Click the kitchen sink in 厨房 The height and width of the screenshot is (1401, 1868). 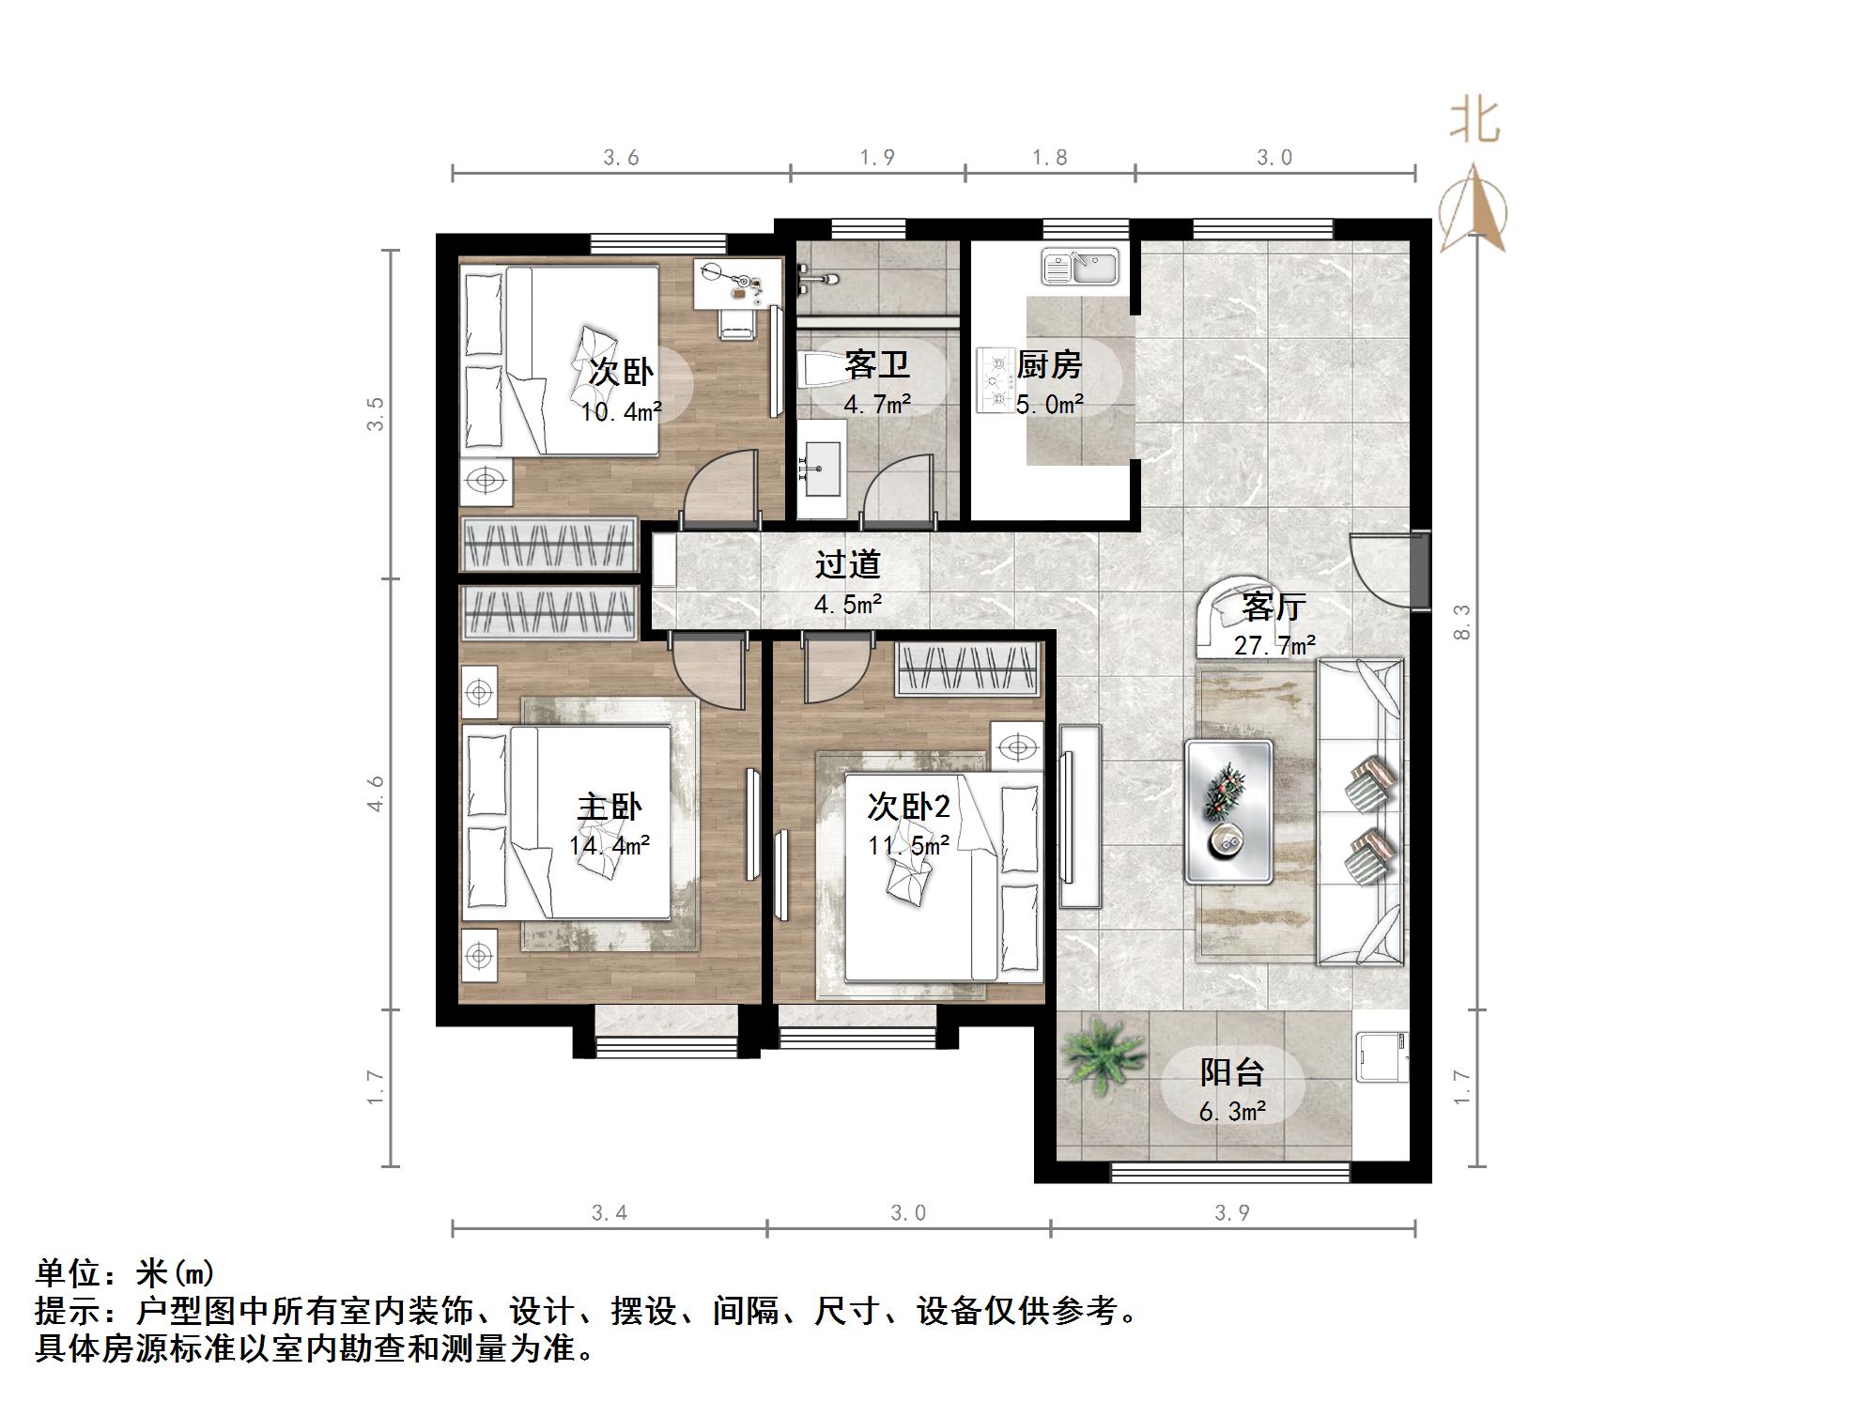1080,266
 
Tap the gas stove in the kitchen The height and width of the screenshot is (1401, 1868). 994,379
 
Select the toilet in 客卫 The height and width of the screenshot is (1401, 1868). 819,370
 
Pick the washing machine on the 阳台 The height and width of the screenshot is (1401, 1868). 1382,1055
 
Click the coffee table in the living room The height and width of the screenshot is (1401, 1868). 1228,811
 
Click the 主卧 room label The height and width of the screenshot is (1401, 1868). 609,807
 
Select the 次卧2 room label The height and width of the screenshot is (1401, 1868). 907,806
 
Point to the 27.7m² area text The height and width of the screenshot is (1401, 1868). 1274,645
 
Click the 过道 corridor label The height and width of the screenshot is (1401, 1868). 847,563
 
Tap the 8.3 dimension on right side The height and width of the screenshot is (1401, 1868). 1461,622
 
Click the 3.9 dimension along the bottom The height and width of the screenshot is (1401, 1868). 1231,1212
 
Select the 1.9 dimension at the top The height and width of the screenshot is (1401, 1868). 876,158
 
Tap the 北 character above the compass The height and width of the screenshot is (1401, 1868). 1474,122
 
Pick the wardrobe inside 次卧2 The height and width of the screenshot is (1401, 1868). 967,669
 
